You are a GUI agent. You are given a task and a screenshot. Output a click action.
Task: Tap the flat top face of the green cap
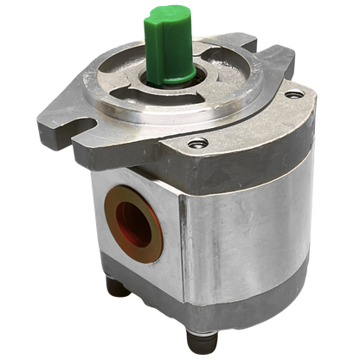click(x=162, y=15)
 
